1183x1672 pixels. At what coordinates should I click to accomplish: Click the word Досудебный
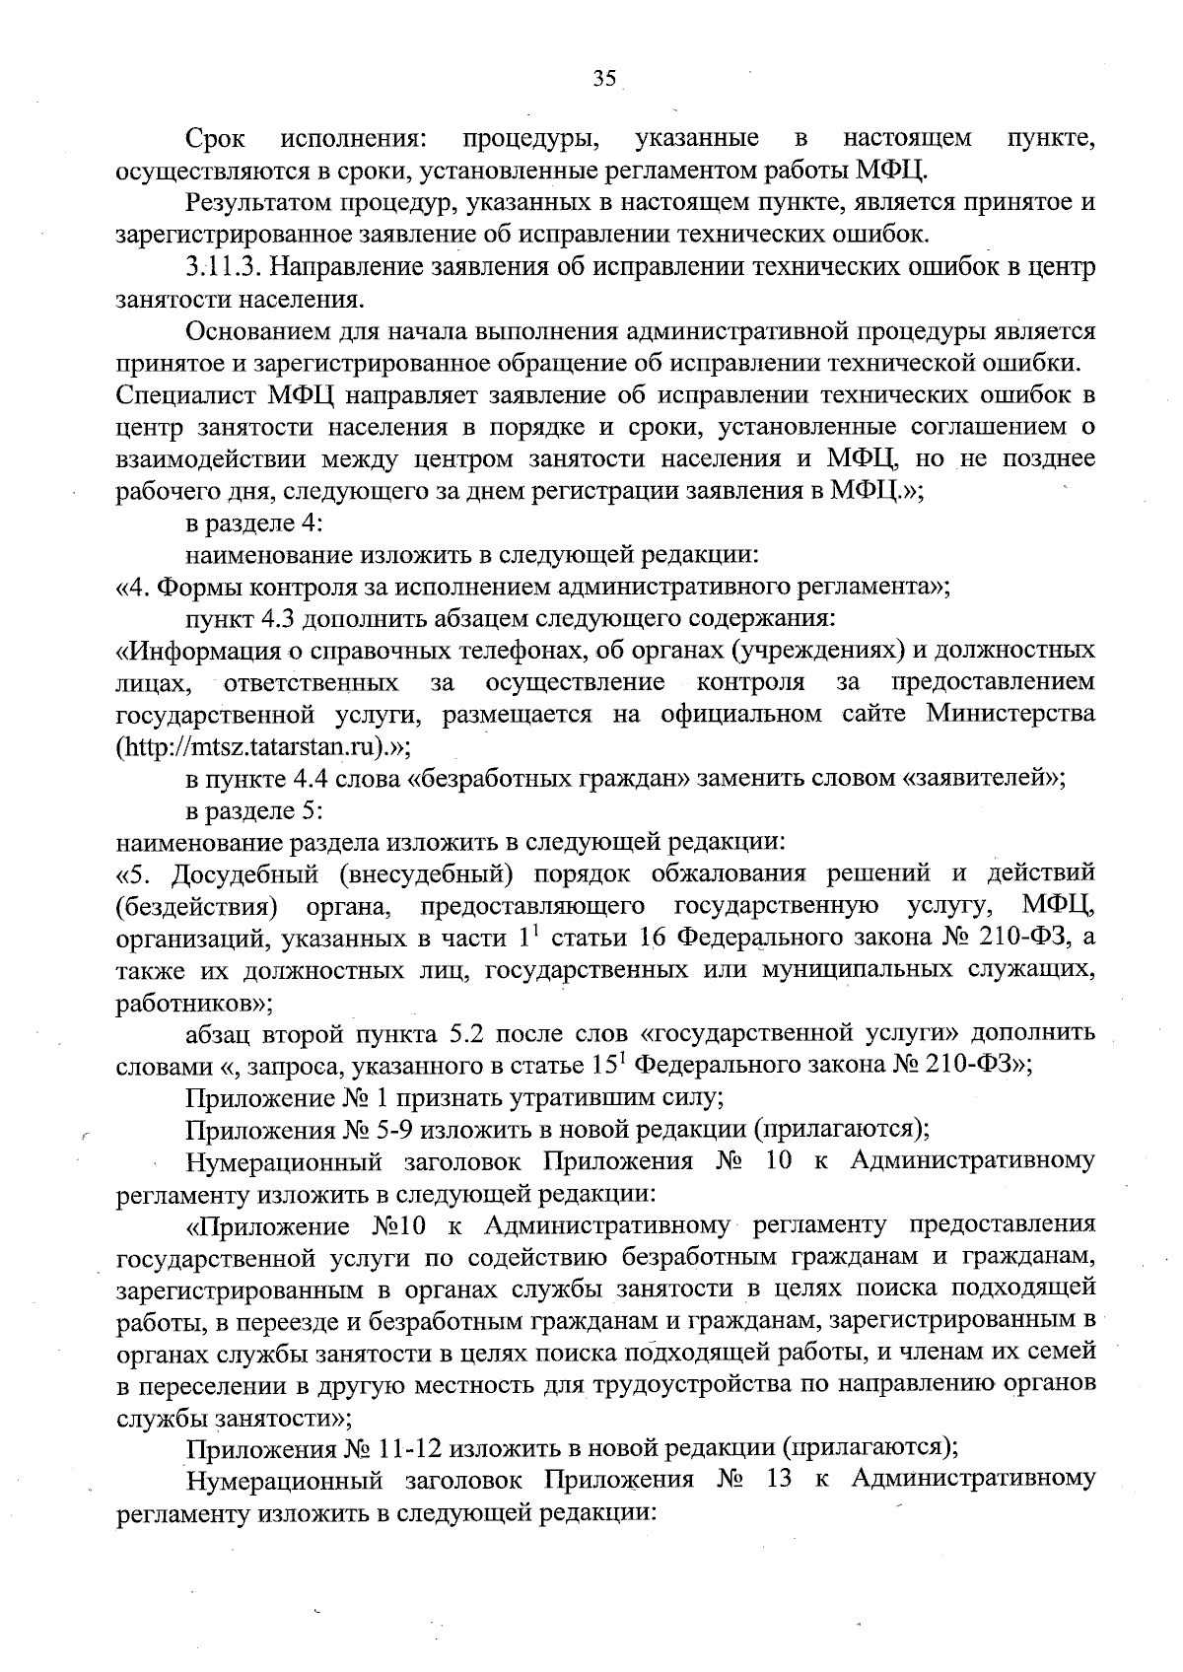tap(245, 873)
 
